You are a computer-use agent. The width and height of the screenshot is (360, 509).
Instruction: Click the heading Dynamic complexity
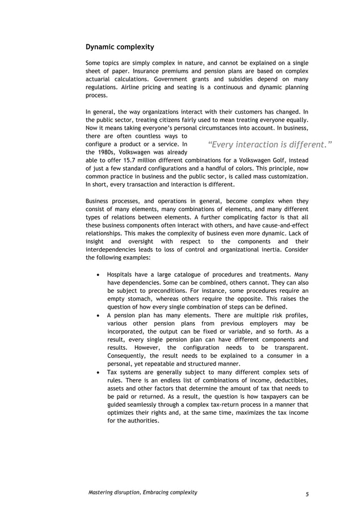coord(119,46)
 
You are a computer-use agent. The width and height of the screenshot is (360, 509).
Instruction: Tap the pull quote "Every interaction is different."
coord(270,144)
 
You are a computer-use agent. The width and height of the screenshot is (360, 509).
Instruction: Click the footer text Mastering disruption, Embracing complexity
coord(143,493)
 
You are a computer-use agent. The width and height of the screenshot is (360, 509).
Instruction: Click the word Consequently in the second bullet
coord(128,356)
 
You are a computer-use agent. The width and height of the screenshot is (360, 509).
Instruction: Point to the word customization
coord(286,177)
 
